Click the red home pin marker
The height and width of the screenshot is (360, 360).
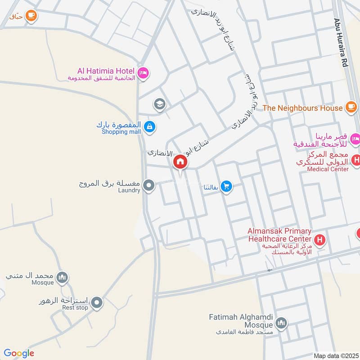pyautogui.click(x=180, y=162)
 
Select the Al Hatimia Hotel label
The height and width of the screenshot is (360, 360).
pyautogui.click(x=106, y=71)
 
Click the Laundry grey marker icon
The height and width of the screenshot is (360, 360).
pyautogui.click(x=149, y=185)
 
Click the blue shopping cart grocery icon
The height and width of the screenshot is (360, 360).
pyautogui.click(x=227, y=186)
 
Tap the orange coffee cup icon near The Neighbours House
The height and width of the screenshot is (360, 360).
pyautogui.click(x=351, y=107)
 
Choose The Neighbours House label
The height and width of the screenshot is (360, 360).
pyautogui.click(x=302, y=108)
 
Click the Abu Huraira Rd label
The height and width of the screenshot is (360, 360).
pyautogui.click(x=341, y=43)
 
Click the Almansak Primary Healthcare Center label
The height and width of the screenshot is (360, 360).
pyautogui.click(x=279, y=235)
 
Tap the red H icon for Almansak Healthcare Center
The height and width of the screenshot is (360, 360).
pyautogui.click(x=319, y=240)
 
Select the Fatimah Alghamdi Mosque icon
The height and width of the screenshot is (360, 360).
pyautogui.click(x=281, y=323)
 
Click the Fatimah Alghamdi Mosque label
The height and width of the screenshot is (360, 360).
pyautogui.click(x=241, y=321)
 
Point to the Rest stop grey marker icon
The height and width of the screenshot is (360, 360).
pyautogui.click(x=96, y=304)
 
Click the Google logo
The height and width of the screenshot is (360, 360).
pyautogui.click(x=19, y=353)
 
